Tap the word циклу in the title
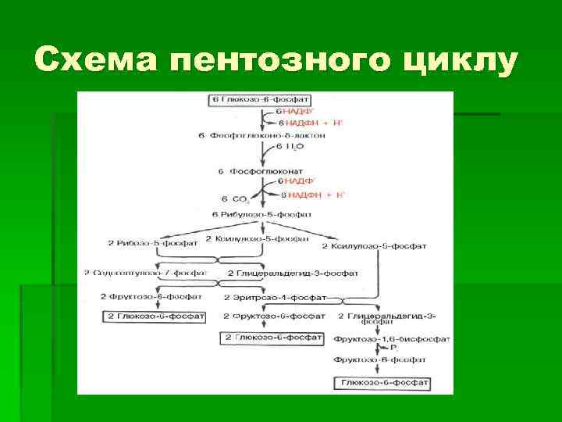(451, 60)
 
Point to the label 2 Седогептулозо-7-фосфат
(144, 273)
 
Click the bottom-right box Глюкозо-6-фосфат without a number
(382, 383)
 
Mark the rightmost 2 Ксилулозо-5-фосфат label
(374, 245)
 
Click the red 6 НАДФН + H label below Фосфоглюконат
(311, 194)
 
